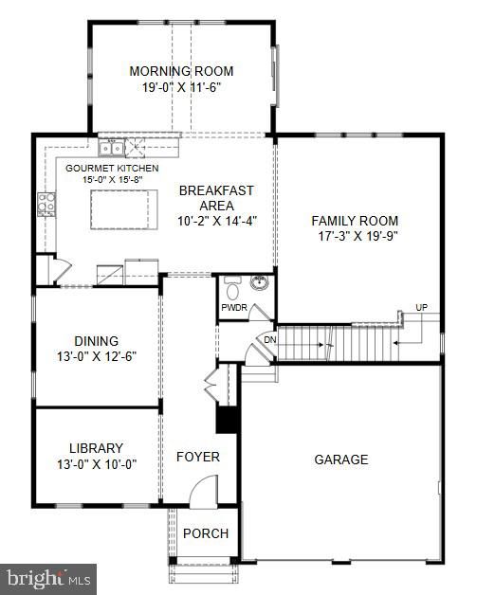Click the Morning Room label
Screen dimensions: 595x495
click(181, 71)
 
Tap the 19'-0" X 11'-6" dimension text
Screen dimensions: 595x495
click(181, 87)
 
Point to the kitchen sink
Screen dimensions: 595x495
click(113, 147)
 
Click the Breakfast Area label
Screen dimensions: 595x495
click(216, 197)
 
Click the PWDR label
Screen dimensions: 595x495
click(233, 308)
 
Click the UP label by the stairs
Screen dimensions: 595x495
click(420, 307)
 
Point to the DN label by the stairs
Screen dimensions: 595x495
click(269, 339)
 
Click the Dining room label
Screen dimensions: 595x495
click(97, 341)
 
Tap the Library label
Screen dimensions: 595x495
click(97, 448)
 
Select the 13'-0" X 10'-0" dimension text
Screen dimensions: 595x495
click(97, 464)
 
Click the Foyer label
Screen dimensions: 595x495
click(198, 457)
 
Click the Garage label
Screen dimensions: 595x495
click(341, 460)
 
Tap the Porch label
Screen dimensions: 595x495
click(206, 533)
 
